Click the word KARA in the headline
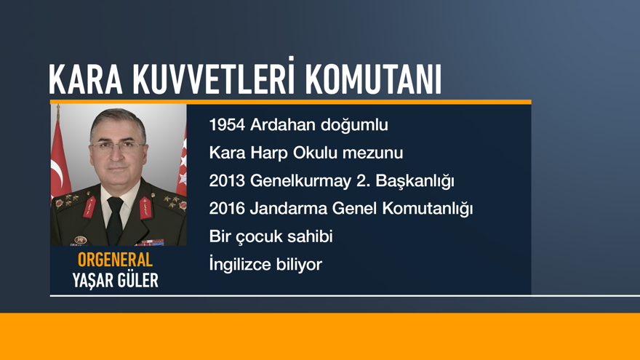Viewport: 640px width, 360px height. click(84, 80)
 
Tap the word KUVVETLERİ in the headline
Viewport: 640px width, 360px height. click(212, 80)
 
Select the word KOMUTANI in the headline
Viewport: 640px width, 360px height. click(372, 80)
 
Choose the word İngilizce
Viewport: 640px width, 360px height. click(240, 264)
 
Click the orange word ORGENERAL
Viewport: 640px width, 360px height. click(115, 260)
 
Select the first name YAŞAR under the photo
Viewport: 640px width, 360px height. click(91, 281)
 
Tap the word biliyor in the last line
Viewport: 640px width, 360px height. click(299, 264)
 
